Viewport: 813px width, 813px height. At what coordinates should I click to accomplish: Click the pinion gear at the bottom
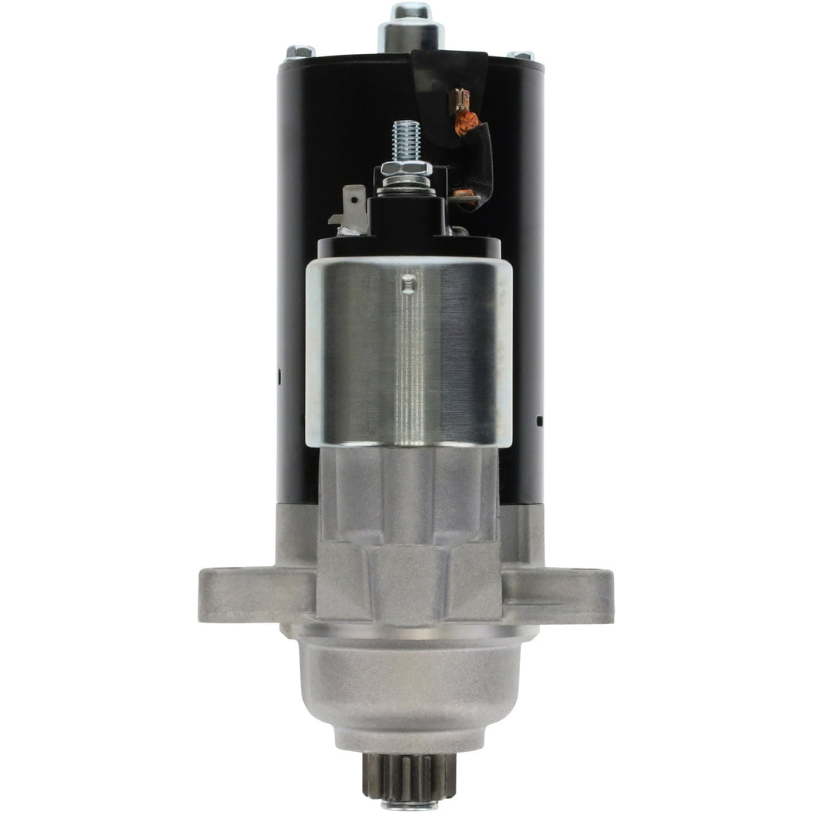tap(406, 781)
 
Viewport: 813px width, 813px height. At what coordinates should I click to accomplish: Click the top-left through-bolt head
tap(299, 52)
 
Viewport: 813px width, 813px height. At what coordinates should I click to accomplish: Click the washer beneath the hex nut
tap(406, 183)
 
